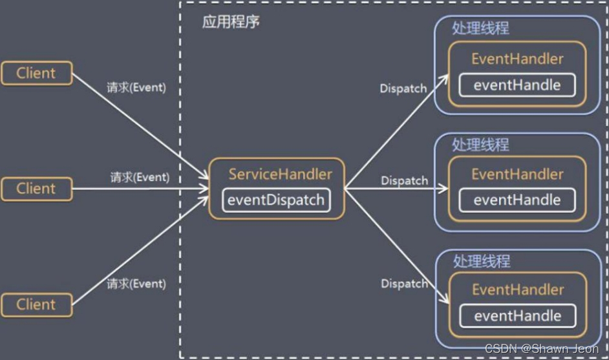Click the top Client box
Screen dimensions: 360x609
coord(36,73)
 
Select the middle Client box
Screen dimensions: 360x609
coord(36,189)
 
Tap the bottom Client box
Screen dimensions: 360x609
coord(36,304)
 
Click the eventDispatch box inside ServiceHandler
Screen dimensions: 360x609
coord(277,200)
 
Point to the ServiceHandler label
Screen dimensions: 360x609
coord(280,175)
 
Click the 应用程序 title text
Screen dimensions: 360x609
coord(231,22)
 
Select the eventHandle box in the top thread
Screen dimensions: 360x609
coord(517,85)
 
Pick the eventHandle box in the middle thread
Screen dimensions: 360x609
coord(517,200)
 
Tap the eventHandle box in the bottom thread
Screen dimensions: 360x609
coord(517,316)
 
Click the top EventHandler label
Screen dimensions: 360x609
coord(517,59)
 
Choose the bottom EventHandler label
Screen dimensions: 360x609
coord(518,290)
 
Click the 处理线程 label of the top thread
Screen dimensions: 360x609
coord(480,28)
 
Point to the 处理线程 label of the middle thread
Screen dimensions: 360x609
coord(480,145)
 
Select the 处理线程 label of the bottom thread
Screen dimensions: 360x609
coord(482,261)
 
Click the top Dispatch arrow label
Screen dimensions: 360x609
coord(403,89)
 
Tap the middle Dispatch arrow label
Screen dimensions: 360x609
coord(404,181)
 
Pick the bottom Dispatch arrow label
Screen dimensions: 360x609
coord(404,283)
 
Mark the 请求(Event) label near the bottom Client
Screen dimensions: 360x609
coord(136,283)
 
